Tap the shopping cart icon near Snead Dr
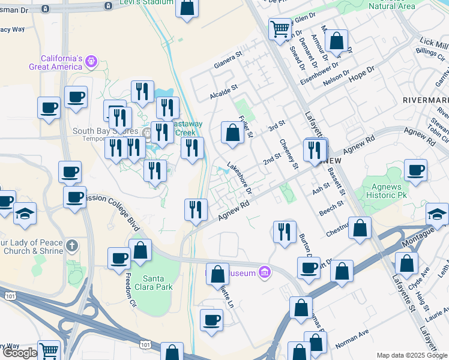coord(280,28)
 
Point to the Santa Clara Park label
coord(158,283)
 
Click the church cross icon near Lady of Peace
coord(72,245)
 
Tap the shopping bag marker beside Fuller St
coord(232,133)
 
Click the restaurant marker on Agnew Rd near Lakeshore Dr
coord(196,210)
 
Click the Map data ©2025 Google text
coord(412,355)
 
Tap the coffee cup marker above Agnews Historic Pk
coord(415,171)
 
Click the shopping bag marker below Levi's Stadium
coord(187,8)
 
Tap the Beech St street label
coord(331,207)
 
